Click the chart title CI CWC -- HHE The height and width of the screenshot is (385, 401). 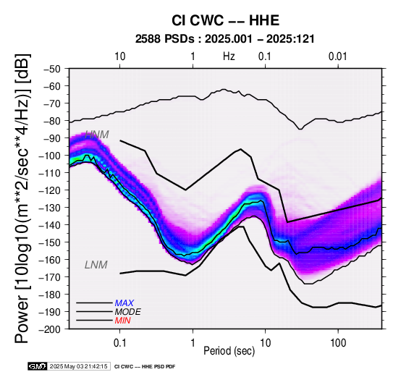(x=225, y=20)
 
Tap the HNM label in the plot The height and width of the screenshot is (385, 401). (x=97, y=135)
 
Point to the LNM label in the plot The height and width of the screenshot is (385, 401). (x=96, y=265)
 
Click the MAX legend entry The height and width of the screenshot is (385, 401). (x=124, y=303)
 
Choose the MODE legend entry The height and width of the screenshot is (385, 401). (x=127, y=312)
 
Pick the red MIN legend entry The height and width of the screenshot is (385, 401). (x=122, y=321)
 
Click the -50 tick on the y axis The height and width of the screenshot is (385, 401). (x=52, y=69)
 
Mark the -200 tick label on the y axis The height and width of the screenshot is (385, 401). (x=50, y=329)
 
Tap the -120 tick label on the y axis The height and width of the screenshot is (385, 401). (x=50, y=190)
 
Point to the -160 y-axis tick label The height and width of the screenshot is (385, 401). (x=50, y=260)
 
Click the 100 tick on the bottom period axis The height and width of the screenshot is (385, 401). (x=338, y=342)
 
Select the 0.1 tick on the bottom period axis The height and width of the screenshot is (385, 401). (x=119, y=342)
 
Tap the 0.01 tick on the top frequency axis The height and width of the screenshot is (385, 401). (x=338, y=56)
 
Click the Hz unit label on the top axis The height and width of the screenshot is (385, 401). (x=229, y=56)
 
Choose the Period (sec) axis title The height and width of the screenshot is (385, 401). (x=229, y=351)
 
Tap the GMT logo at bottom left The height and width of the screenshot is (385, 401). (x=38, y=366)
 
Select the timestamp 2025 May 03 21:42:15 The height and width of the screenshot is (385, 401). (x=78, y=366)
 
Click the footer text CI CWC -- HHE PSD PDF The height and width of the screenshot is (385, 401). (x=145, y=367)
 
